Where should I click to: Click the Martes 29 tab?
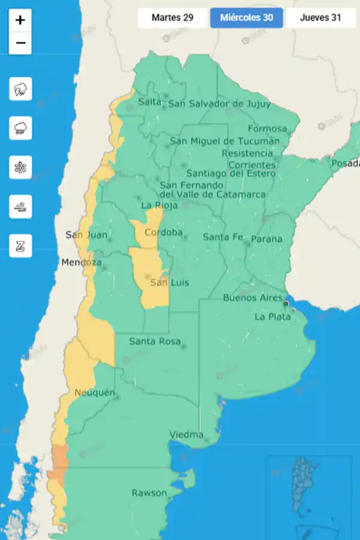[x=172, y=18]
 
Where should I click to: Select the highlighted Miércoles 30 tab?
[x=247, y=18]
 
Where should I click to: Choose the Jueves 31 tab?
[x=320, y=18]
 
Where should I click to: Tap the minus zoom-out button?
[x=20, y=43]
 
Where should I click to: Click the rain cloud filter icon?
[x=20, y=128]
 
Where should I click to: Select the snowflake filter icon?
[x=20, y=167]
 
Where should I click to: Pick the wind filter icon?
[x=20, y=206]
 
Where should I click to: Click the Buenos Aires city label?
[x=253, y=298]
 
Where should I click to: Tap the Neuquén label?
[x=94, y=392]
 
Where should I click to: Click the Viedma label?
[x=186, y=434]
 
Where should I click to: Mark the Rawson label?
[x=149, y=493]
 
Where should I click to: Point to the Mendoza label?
[x=81, y=263]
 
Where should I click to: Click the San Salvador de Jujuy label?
[x=219, y=104]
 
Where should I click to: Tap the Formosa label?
[x=267, y=128]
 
